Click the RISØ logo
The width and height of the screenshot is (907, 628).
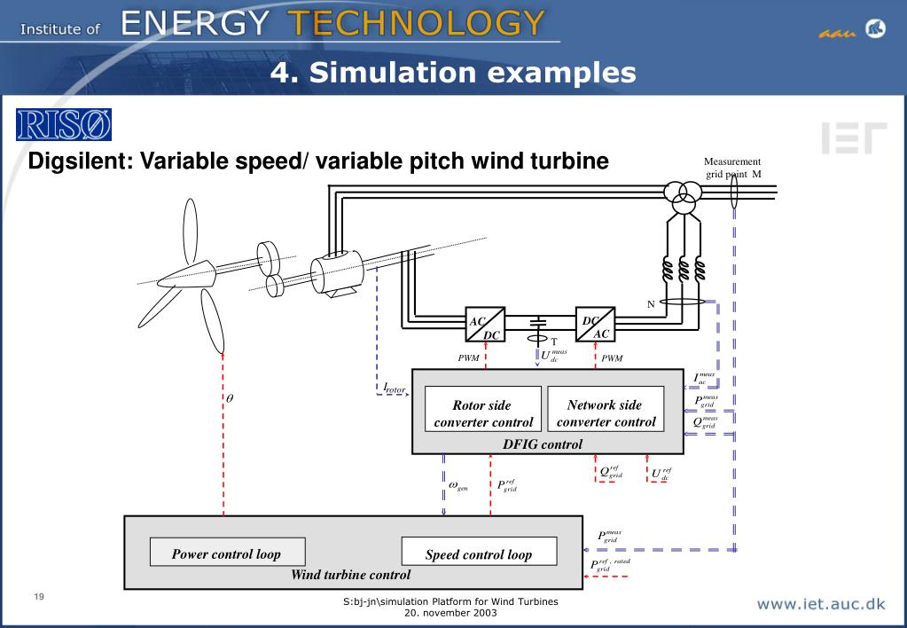(x=63, y=125)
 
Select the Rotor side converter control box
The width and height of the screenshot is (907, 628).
(x=483, y=413)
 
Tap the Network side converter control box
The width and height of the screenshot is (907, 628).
(x=606, y=413)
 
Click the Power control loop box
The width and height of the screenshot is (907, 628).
(x=227, y=553)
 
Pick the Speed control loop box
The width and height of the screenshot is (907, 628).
(x=479, y=554)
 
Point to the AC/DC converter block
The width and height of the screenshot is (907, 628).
(x=485, y=326)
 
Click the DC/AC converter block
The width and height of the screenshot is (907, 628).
(x=595, y=326)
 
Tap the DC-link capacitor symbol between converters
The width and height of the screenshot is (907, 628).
(x=537, y=323)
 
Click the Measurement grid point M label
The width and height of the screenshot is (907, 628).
(x=732, y=168)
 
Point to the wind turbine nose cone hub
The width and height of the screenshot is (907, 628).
(x=199, y=271)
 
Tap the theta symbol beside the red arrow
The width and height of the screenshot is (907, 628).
(x=231, y=397)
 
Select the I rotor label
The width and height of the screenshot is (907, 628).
(x=394, y=389)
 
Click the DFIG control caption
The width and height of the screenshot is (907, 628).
(x=543, y=444)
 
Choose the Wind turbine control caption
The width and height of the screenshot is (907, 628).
(x=351, y=575)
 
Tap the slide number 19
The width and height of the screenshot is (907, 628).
(x=39, y=596)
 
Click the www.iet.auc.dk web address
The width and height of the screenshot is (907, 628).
(x=820, y=605)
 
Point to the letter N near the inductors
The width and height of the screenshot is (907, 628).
(x=650, y=304)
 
